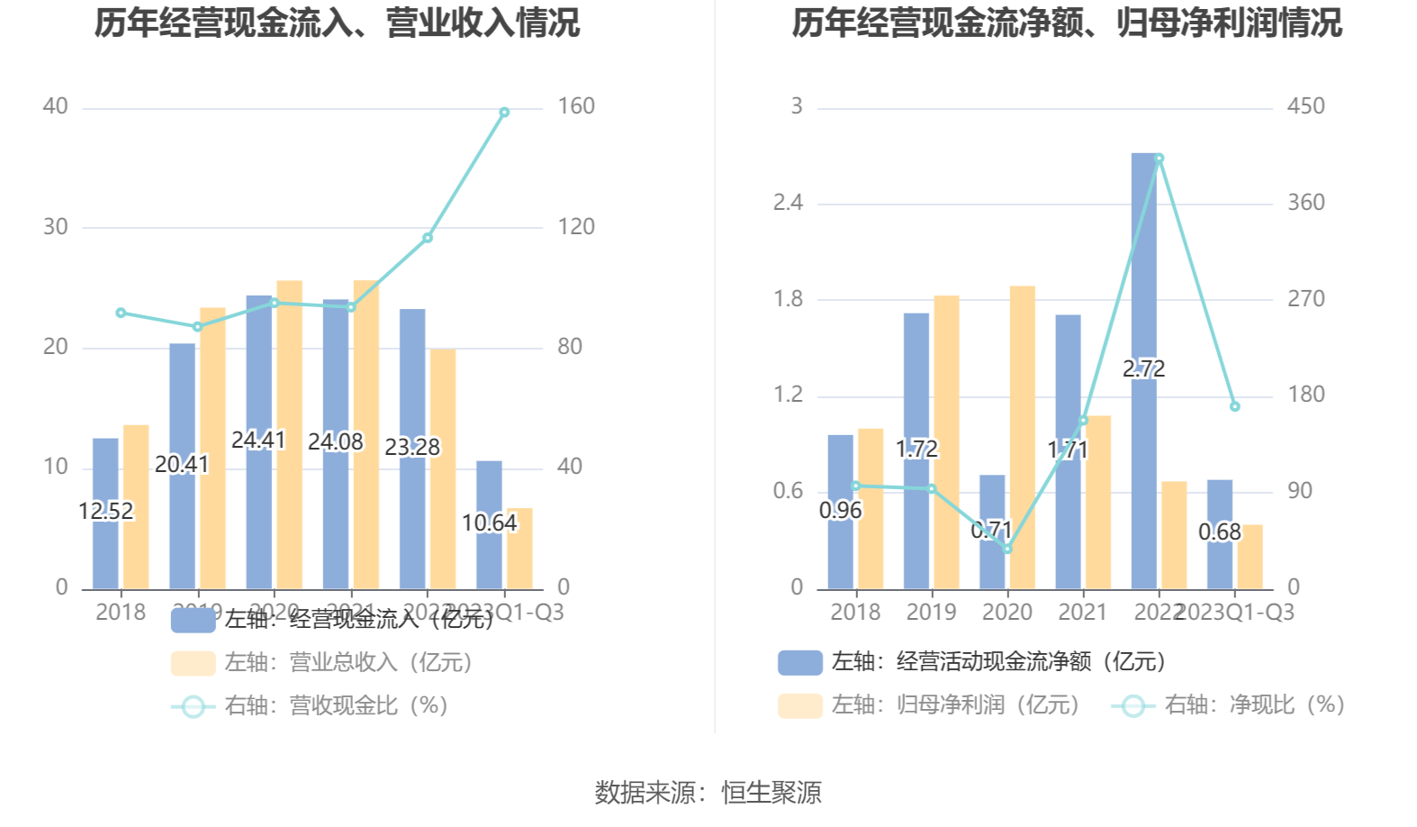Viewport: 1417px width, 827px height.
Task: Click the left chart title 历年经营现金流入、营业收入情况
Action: [x=337, y=23]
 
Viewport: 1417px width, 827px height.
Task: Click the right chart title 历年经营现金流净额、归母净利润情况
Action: [x=1066, y=23]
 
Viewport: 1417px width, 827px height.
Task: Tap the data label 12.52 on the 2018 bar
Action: [x=105, y=511]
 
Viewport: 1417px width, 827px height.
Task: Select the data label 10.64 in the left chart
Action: [x=489, y=523]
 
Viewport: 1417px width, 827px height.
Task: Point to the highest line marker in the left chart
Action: [x=504, y=113]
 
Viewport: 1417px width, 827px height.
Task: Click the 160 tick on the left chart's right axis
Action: [x=576, y=106]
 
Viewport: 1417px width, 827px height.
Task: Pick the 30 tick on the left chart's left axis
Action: [x=56, y=227]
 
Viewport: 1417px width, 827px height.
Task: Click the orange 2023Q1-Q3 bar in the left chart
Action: [x=519, y=549]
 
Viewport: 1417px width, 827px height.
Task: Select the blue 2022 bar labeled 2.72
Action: [x=1144, y=270]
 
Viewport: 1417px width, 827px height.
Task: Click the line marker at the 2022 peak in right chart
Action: [x=1159, y=159]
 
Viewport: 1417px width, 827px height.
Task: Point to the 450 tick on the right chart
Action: [x=1305, y=106]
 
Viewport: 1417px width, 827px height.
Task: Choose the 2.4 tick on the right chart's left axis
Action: [x=788, y=203]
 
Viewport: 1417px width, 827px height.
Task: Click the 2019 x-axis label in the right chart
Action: [x=931, y=613]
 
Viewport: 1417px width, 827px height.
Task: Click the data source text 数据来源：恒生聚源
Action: [x=708, y=793]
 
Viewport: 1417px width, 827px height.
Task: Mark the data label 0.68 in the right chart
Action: [x=1220, y=532]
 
